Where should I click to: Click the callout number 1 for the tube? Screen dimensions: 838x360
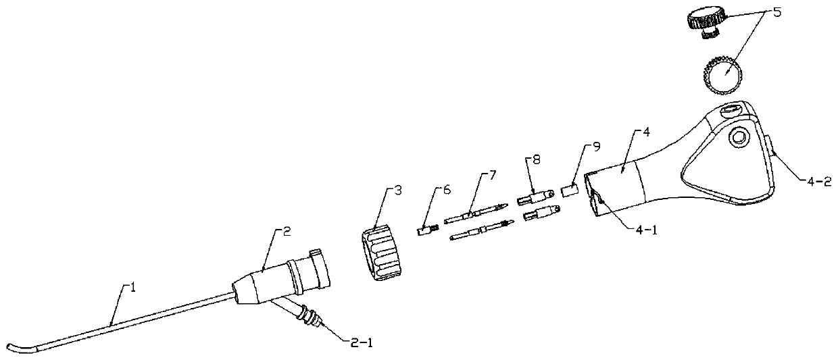pos(133,287)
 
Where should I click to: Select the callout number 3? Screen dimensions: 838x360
pos(398,191)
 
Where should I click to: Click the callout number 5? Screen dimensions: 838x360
pos(774,13)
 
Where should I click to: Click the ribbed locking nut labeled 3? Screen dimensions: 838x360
pos(380,253)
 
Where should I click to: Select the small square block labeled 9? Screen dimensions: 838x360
pos(570,192)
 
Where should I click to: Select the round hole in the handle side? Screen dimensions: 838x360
pos(738,138)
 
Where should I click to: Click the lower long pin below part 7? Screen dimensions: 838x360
pos(479,232)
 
